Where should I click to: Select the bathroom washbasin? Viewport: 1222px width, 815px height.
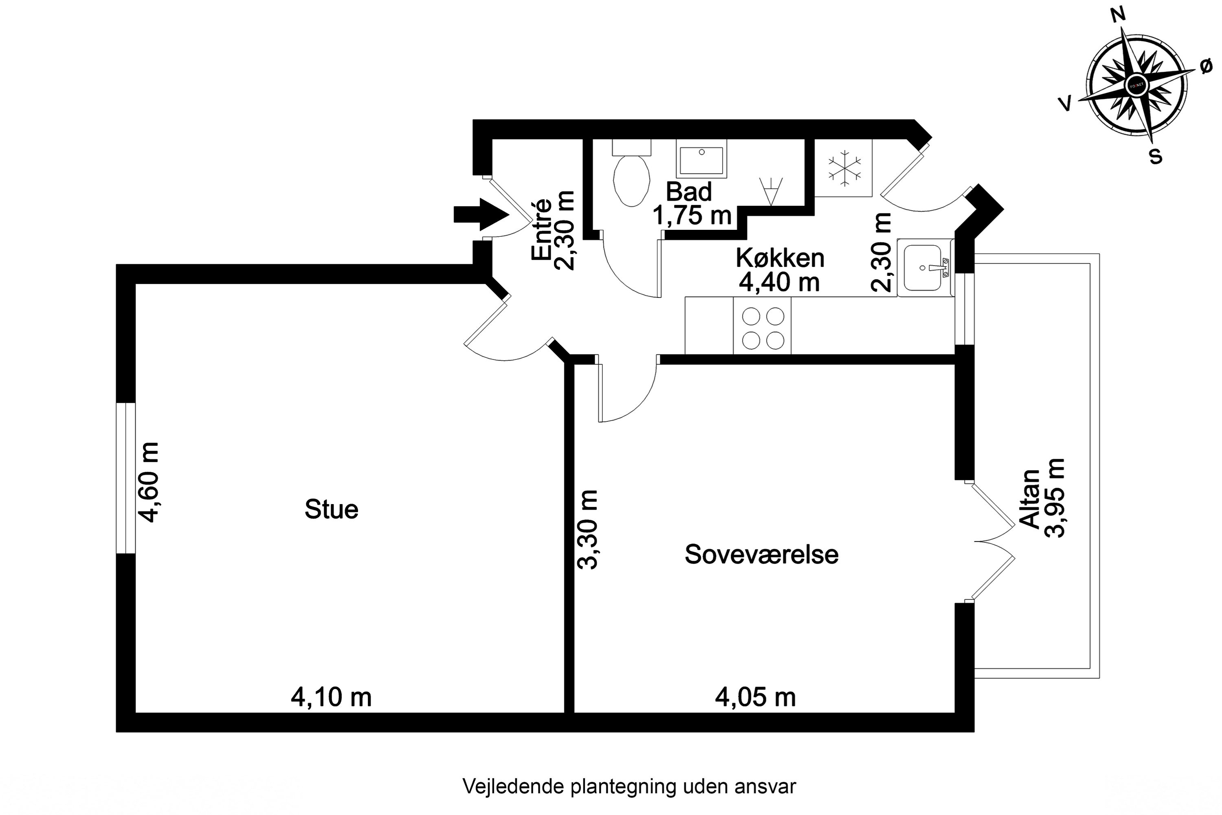tap(701, 160)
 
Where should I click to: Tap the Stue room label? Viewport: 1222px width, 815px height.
tap(332, 510)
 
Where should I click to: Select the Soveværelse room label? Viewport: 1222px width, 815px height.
tap(761, 555)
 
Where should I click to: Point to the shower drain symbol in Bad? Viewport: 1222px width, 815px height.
tap(771, 191)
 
